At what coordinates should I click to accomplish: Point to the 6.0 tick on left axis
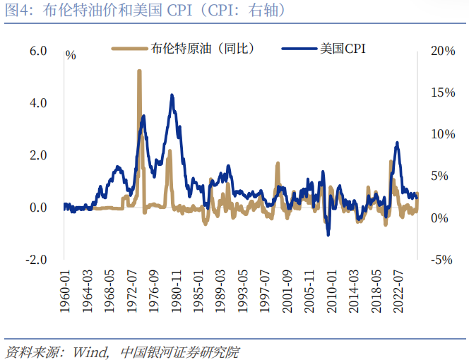coord(37,51)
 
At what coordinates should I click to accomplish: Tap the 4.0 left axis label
coord(37,103)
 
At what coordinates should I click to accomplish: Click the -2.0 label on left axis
coord(36,259)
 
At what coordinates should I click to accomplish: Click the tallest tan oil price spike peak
coord(139,71)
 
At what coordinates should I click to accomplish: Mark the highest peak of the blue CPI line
coord(172,95)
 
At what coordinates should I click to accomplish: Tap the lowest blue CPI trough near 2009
coord(328,234)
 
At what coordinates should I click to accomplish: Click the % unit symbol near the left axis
coord(71,54)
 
